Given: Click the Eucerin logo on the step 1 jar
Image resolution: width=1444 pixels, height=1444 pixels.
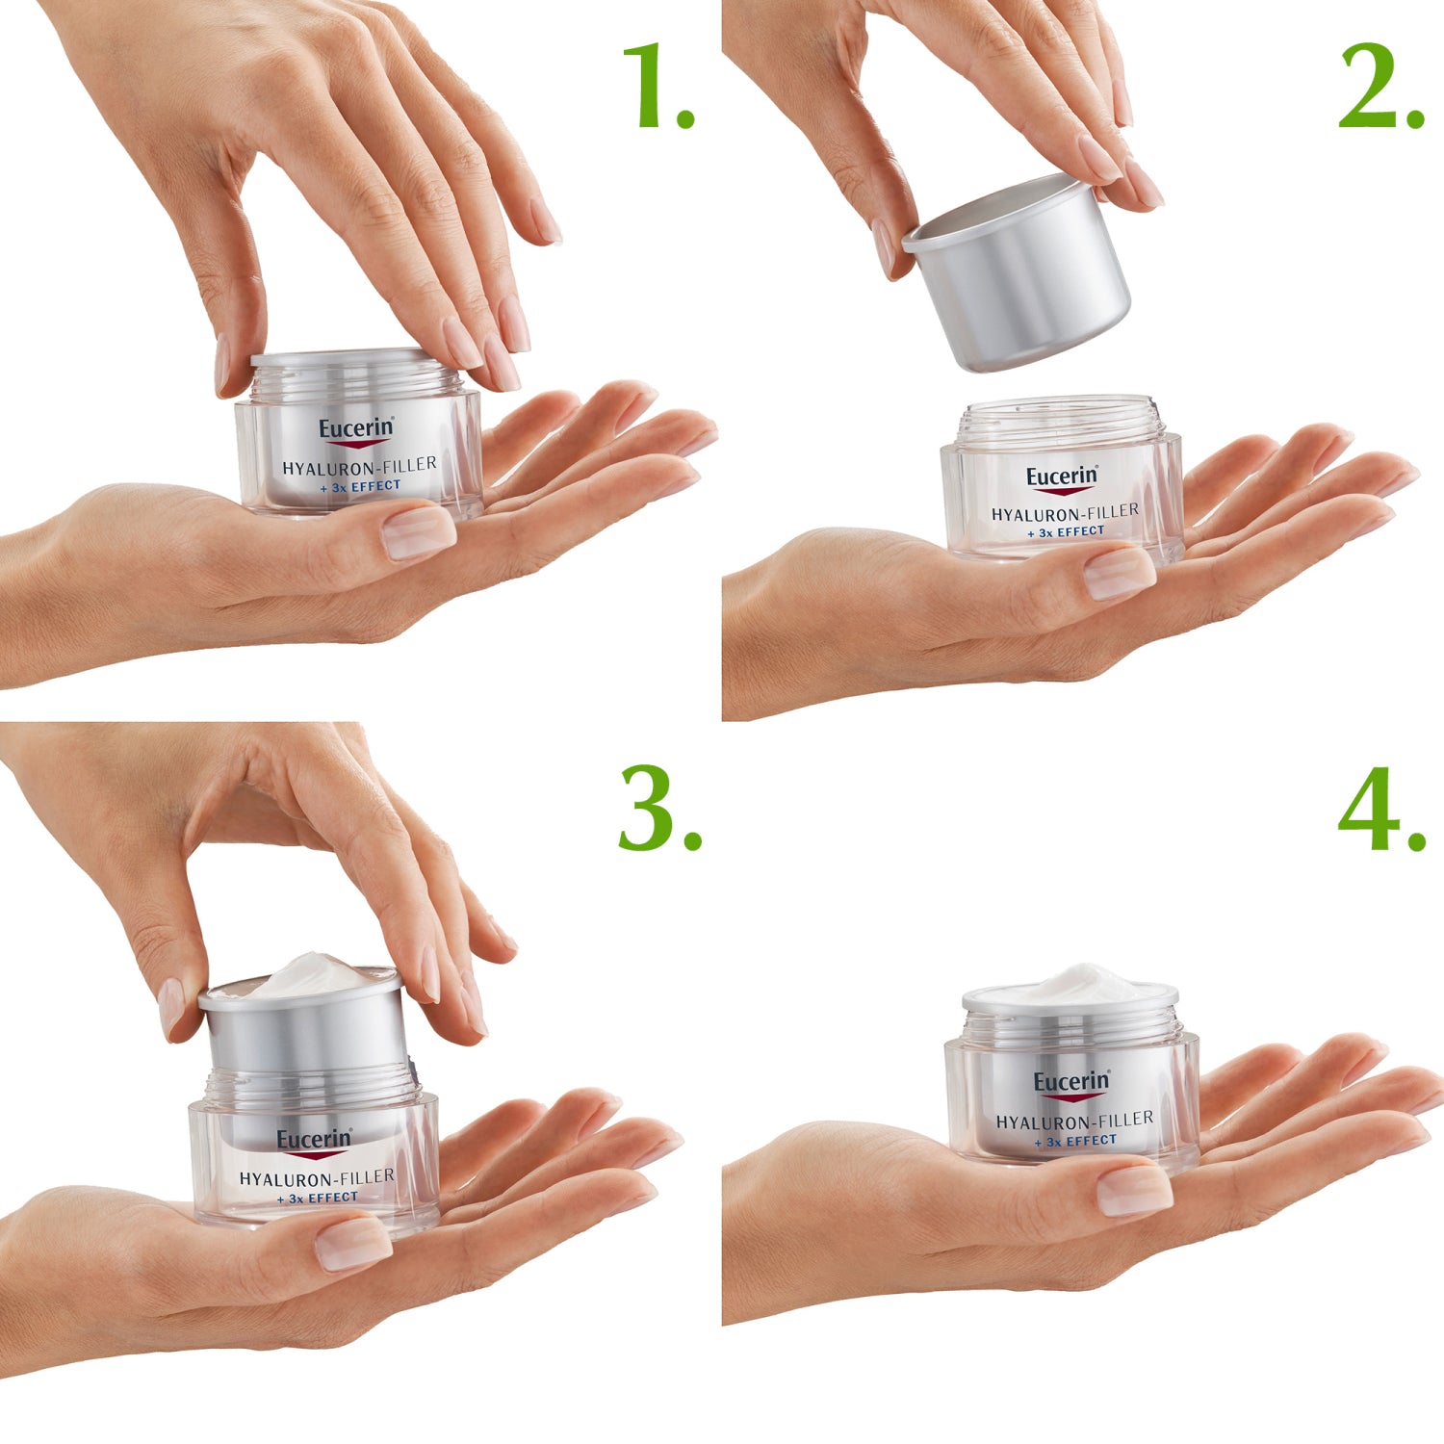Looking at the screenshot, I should click(x=356, y=430).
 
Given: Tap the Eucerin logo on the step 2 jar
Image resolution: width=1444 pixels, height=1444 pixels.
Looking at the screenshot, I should click(x=1061, y=477).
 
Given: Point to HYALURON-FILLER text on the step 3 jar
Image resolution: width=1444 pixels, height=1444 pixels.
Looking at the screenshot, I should click(x=317, y=1177).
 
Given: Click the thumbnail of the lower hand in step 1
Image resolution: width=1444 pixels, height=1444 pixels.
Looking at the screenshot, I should click(x=418, y=533).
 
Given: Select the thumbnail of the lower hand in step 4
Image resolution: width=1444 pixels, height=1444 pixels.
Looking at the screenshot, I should click(x=1134, y=1190).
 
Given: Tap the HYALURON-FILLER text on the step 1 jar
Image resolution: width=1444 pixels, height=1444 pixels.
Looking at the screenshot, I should click(x=359, y=466).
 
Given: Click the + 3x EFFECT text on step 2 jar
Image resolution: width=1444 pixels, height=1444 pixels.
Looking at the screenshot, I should click(x=1065, y=531).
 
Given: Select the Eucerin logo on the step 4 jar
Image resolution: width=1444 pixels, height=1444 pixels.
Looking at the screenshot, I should click(x=1070, y=1083).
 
